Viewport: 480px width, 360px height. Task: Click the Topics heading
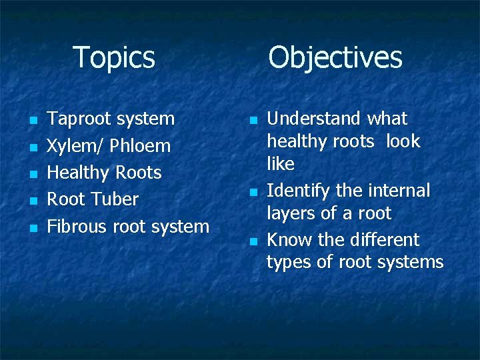click(x=114, y=57)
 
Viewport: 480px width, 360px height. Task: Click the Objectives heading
click(x=335, y=57)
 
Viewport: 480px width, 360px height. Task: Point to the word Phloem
click(x=141, y=146)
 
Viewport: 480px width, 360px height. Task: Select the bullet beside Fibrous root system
click(x=31, y=228)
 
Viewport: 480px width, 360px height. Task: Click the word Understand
click(x=313, y=119)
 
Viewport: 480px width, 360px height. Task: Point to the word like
click(x=281, y=163)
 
